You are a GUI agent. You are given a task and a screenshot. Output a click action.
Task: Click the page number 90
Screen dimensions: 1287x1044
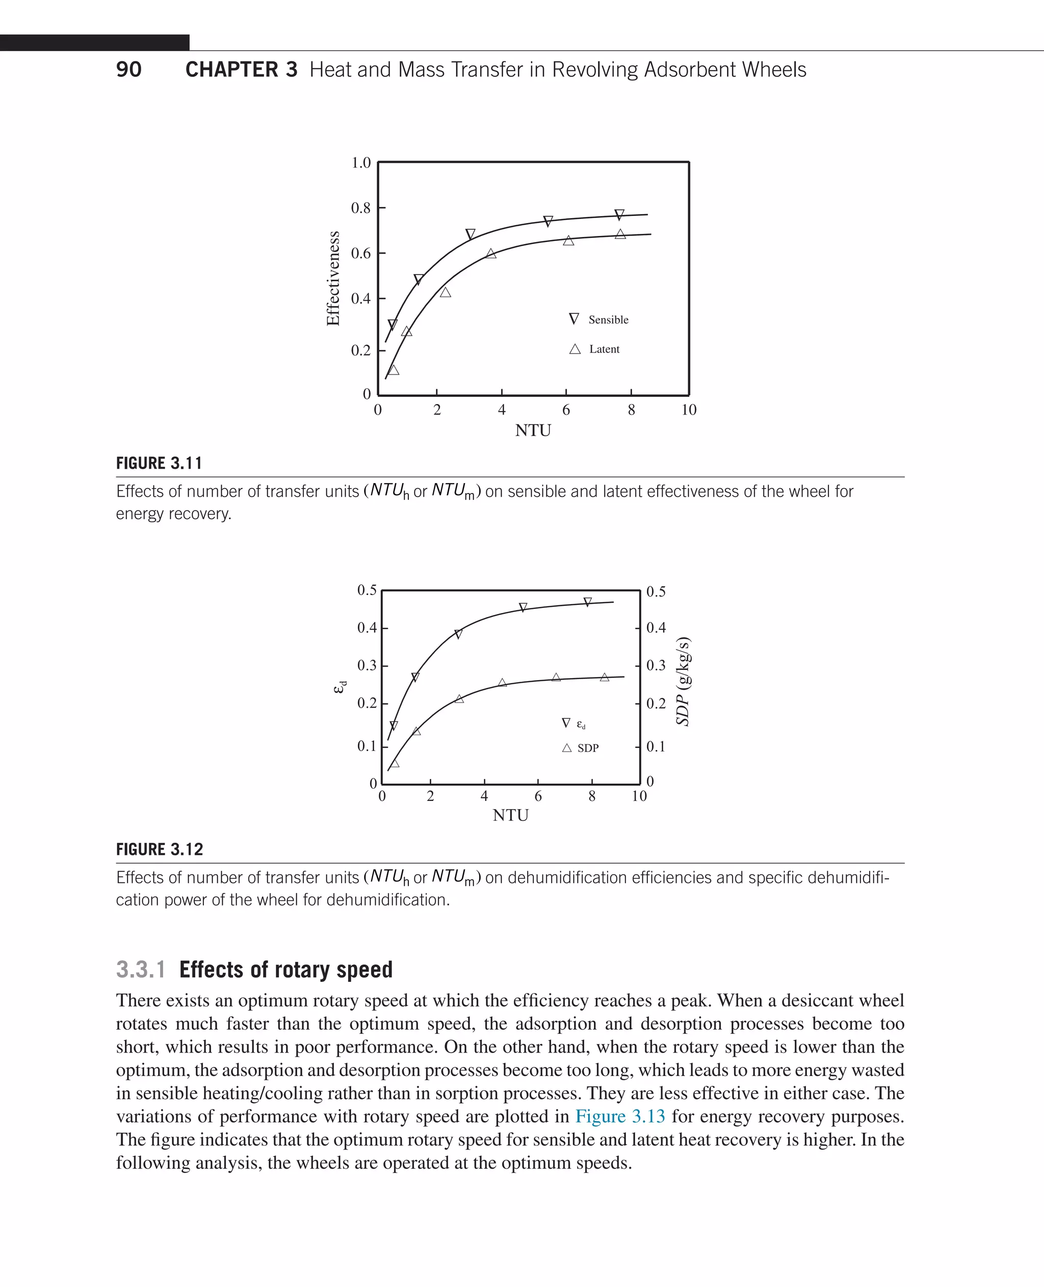tap(128, 70)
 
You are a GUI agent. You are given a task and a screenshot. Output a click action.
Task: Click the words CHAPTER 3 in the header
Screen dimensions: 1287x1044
tap(241, 70)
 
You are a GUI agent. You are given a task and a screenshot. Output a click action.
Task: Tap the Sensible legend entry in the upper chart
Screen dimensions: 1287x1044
tap(608, 320)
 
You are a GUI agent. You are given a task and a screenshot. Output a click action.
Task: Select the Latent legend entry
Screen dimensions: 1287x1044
tap(604, 349)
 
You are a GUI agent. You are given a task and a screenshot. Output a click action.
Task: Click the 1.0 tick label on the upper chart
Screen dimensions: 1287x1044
tap(361, 163)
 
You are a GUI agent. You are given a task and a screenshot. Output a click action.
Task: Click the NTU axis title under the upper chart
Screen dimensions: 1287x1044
tap(533, 431)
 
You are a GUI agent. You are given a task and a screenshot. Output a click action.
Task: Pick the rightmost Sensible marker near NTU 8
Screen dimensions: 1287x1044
tap(619, 214)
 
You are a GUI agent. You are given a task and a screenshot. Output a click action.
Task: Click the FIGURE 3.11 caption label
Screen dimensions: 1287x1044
tap(159, 464)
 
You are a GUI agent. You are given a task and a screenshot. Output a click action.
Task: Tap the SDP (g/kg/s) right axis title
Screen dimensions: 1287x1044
tap(683, 681)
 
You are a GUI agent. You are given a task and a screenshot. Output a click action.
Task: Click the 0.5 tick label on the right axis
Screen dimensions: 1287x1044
tap(656, 592)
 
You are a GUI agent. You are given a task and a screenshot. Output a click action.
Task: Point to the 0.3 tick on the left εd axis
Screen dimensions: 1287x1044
tap(367, 665)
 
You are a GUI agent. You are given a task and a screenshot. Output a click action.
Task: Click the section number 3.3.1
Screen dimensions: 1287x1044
tap(141, 970)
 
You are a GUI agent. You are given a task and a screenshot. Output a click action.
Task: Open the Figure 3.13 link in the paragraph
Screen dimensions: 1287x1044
tap(620, 1116)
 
